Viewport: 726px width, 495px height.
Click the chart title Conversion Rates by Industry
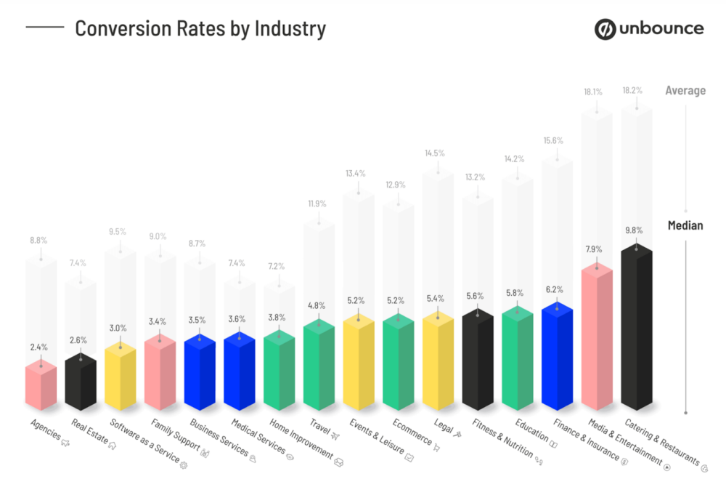[x=200, y=29]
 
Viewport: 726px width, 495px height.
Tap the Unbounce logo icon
[x=605, y=29]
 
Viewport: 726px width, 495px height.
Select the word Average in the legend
[x=685, y=91]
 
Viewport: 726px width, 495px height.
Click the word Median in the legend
[x=685, y=225]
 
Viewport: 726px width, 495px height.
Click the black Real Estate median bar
[x=81, y=382]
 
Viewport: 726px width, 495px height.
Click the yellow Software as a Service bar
[x=120, y=377]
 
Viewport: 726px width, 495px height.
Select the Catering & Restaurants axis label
[x=668, y=444]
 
